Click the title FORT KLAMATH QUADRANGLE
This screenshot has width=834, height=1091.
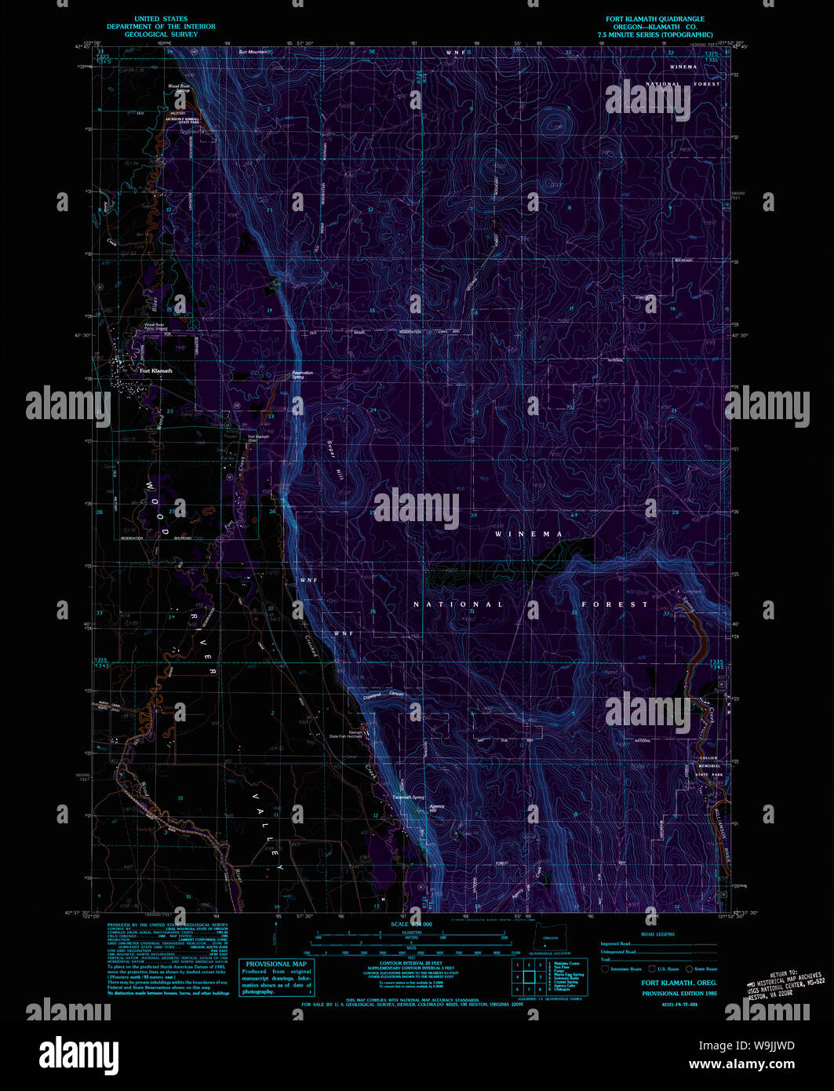coord(654,19)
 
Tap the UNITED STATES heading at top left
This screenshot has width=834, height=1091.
coord(161,19)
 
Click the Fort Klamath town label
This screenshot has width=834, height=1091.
coord(155,370)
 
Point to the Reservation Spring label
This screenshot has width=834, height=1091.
coord(302,374)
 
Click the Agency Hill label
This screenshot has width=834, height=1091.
coord(436,808)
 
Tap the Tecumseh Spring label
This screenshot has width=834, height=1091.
coord(409,797)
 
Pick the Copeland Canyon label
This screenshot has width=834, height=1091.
coord(384,695)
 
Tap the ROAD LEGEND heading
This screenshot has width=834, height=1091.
coord(657,934)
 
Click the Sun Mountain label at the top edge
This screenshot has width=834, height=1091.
coord(254,52)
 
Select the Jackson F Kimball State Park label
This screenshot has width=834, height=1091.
coord(181,120)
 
